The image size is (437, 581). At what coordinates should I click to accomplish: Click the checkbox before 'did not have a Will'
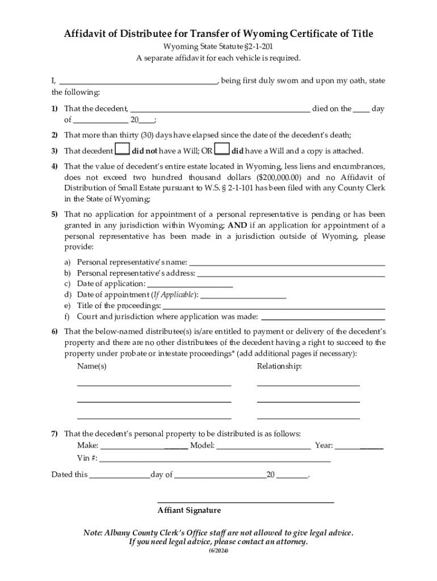[121, 150]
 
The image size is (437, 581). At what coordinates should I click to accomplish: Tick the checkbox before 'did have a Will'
[222, 150]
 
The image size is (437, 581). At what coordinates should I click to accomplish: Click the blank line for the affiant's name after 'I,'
[138, 81]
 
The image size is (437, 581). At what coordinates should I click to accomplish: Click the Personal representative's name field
[287, 262]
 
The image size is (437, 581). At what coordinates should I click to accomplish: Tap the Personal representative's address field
[291, 273]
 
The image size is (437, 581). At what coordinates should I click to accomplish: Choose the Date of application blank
[190, 284]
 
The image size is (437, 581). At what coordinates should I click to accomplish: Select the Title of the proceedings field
[274, 305]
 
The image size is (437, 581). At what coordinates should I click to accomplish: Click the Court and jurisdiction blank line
[322, 316]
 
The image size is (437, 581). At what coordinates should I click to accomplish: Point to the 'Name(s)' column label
[91, 367]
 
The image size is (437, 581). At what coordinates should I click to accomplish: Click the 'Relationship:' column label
[279, 367]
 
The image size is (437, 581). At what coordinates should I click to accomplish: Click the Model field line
[263, 445]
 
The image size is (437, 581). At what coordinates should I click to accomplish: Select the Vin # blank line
[215, 458]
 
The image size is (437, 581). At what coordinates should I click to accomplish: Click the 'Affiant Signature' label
[189, 510]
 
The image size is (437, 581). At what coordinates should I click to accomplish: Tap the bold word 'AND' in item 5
[237, 225]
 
